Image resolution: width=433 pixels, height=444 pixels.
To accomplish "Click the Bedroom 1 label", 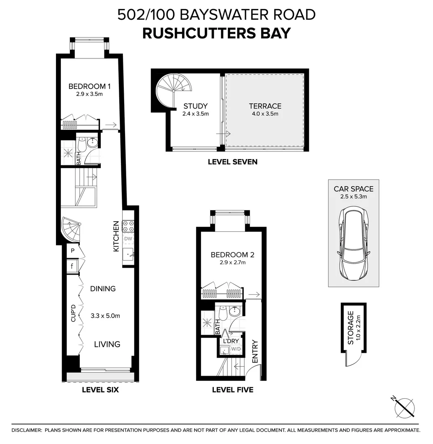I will pos(90,86).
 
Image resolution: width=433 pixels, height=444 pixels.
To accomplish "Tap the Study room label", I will pos(195,106).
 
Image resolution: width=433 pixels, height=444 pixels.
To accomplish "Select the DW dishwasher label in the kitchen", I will pos(128,239).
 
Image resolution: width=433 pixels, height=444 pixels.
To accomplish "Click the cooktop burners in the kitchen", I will pos(128,227).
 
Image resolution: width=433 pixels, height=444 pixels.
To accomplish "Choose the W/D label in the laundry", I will pos(236,349).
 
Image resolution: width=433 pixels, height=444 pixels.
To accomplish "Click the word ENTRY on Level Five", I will pos(255,351).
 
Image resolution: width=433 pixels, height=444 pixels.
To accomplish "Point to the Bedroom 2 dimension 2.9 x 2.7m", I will pos(232,262).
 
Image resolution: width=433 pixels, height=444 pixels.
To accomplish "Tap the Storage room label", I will pos(351,328).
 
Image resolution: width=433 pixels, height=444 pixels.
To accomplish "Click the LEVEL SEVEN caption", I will pos(232,162).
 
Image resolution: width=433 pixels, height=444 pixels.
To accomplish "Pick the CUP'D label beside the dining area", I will pos(73,313).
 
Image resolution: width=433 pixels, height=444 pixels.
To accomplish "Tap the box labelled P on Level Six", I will pos(72,251).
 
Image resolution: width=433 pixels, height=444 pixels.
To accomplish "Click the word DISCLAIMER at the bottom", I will pos(27,430).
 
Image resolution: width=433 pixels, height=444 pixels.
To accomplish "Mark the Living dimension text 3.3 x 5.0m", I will pos(105,316).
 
